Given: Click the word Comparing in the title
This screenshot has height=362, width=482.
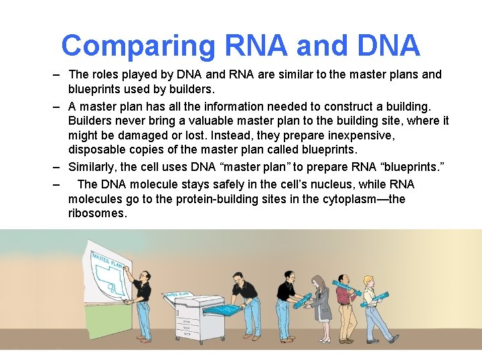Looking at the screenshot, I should point(138,46).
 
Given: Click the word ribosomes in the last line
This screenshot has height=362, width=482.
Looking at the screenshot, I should point(97,213).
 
